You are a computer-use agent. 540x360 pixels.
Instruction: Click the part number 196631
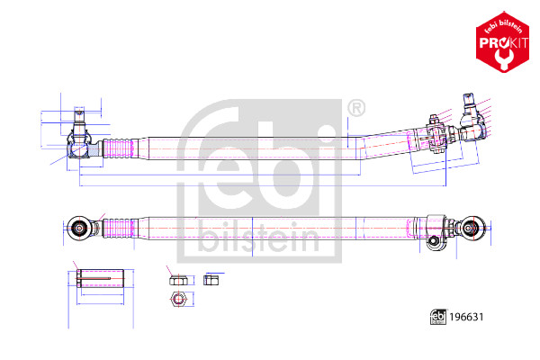pos(466,317)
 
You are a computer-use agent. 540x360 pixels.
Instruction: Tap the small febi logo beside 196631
pos(438,317)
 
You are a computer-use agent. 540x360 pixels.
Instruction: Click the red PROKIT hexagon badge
pos(502,42)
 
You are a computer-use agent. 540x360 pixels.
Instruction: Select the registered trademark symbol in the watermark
pos(356,109)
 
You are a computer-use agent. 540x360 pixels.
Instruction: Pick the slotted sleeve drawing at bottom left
pos(101,278)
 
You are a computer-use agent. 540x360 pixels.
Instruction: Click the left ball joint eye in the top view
pos(79,228)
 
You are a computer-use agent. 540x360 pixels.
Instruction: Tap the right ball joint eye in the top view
pos(472,228)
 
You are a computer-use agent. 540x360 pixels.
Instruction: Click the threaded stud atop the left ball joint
pos(79,119)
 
